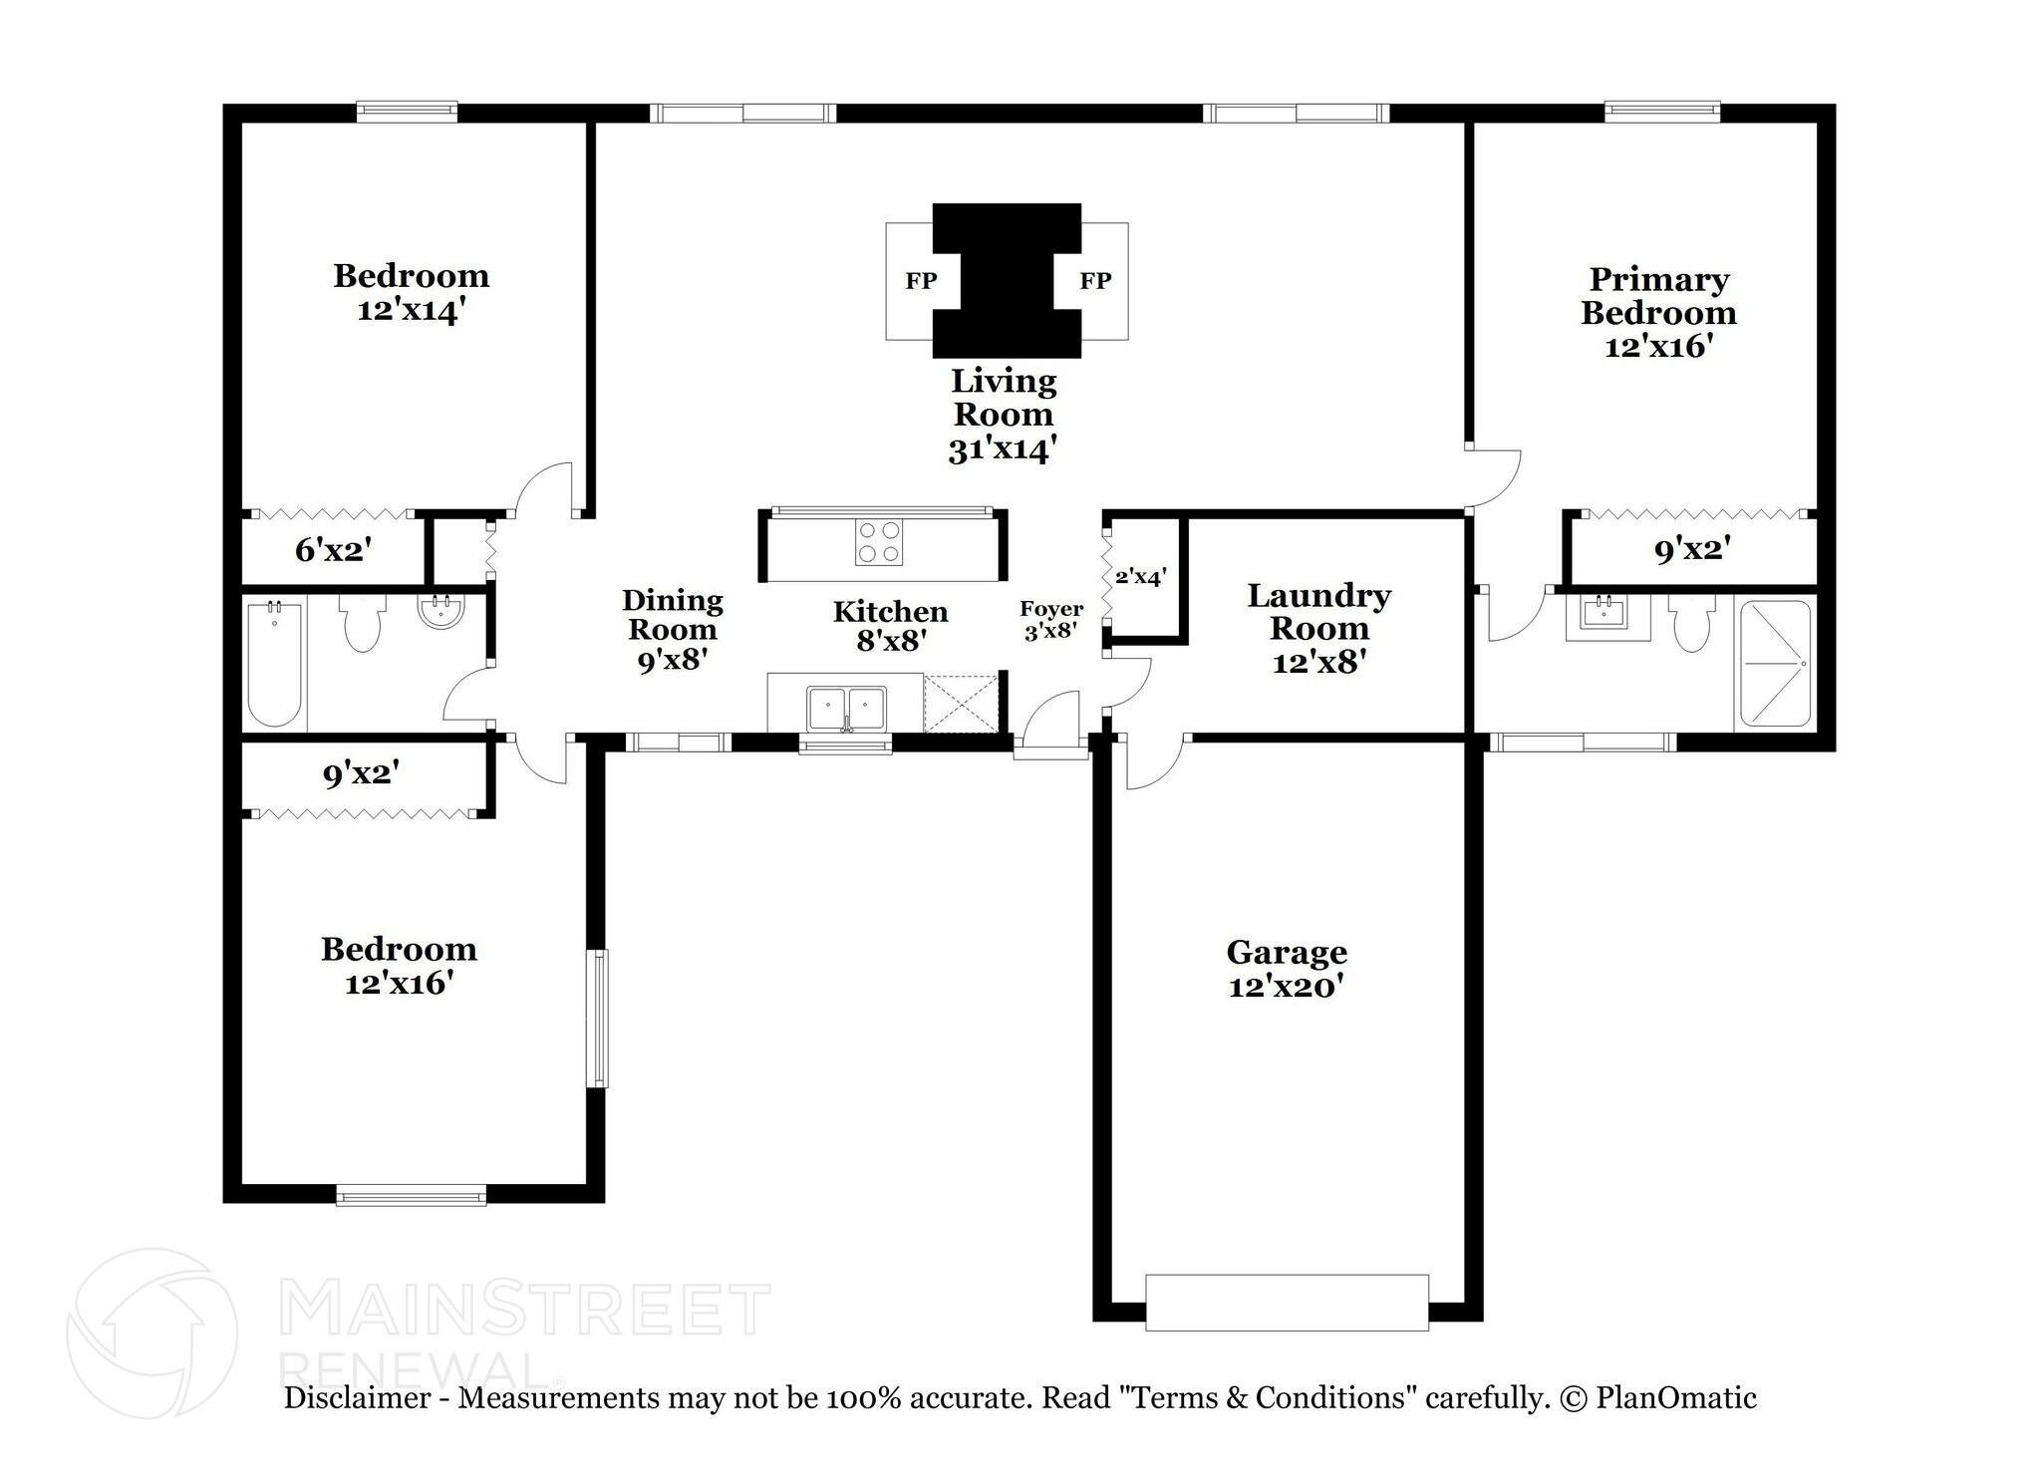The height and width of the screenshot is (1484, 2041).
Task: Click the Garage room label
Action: tap(1286, 952)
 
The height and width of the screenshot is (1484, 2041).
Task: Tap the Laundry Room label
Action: tap(1318, 612)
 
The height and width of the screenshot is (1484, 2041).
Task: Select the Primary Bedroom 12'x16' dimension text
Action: tap(1658, 347)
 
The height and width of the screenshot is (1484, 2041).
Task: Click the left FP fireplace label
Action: tap(921, 281)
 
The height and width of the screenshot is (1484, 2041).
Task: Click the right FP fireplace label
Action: tap(1095, 281)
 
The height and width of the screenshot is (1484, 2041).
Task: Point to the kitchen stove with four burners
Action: tap(878, 543)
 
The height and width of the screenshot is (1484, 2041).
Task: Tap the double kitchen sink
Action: tap(846, 708)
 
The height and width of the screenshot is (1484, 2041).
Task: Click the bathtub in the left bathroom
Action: tap(274, 663)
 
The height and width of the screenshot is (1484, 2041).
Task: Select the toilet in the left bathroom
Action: tap(361, 622)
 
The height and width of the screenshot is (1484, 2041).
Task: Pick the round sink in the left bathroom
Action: tap(440, 612)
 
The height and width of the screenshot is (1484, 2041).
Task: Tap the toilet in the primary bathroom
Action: tap(1692, 622)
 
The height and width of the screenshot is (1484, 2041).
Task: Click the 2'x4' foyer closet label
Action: tap(1140, 576)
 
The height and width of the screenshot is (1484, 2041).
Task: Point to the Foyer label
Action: tap(1050, 609)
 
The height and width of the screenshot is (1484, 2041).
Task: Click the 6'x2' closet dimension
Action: tap(334, 549)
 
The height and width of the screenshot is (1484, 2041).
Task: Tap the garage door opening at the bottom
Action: tap(1286, 1302)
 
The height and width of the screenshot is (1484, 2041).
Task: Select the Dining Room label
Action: tap(672, 615)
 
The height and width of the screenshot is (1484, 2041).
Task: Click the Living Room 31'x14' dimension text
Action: tap(1002, 450)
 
